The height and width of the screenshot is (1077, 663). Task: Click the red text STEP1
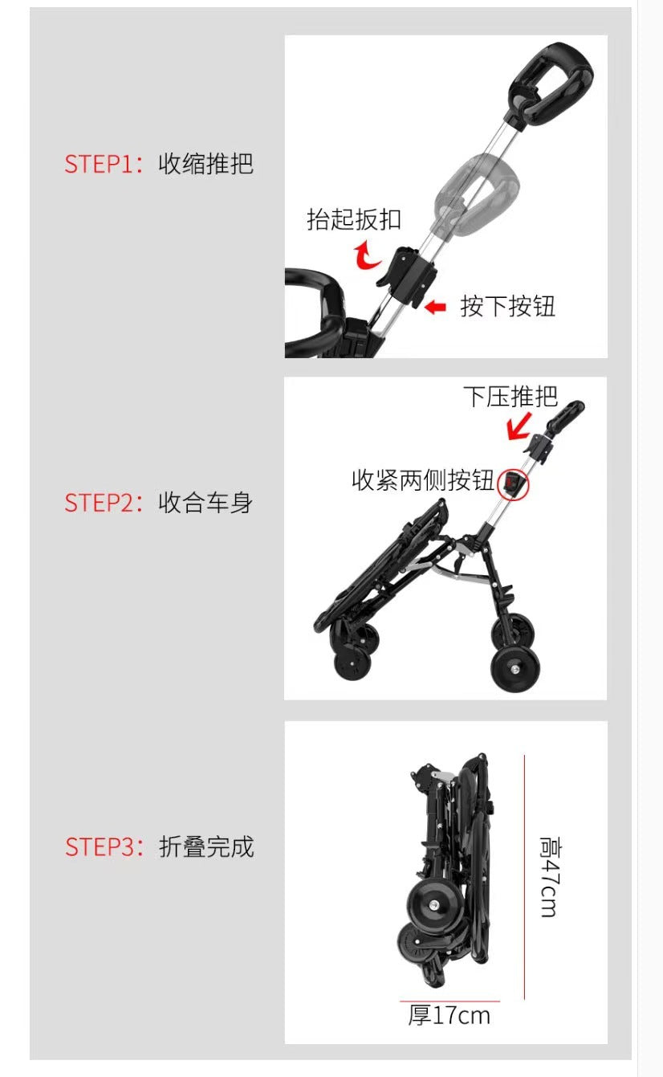[x=96, y=164]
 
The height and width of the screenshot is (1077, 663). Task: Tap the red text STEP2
[x=96, y=503]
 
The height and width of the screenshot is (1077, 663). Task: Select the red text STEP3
[x=96, y=847]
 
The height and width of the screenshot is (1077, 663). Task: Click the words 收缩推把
[x=205, y=164]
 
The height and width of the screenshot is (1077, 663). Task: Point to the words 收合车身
[x=205, y=503]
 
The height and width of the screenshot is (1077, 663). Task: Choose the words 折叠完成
[x=205, y=847]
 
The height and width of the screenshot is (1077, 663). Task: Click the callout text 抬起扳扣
[x=353, y=219]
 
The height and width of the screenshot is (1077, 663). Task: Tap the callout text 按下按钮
[x=507, y=306]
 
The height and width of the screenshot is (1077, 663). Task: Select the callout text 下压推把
[x=510, y=397]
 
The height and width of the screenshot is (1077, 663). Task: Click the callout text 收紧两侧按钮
[x=423, y=479]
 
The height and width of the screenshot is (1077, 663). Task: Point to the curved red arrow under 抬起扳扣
[x=368, y=255]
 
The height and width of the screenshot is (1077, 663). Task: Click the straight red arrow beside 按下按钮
[x=435, y=307]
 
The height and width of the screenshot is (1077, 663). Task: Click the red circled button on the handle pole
[x=513, y=483]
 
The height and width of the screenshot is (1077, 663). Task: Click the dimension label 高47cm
[x=548, y=877]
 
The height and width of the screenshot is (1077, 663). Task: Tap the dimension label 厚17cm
[x=449, y=1015]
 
